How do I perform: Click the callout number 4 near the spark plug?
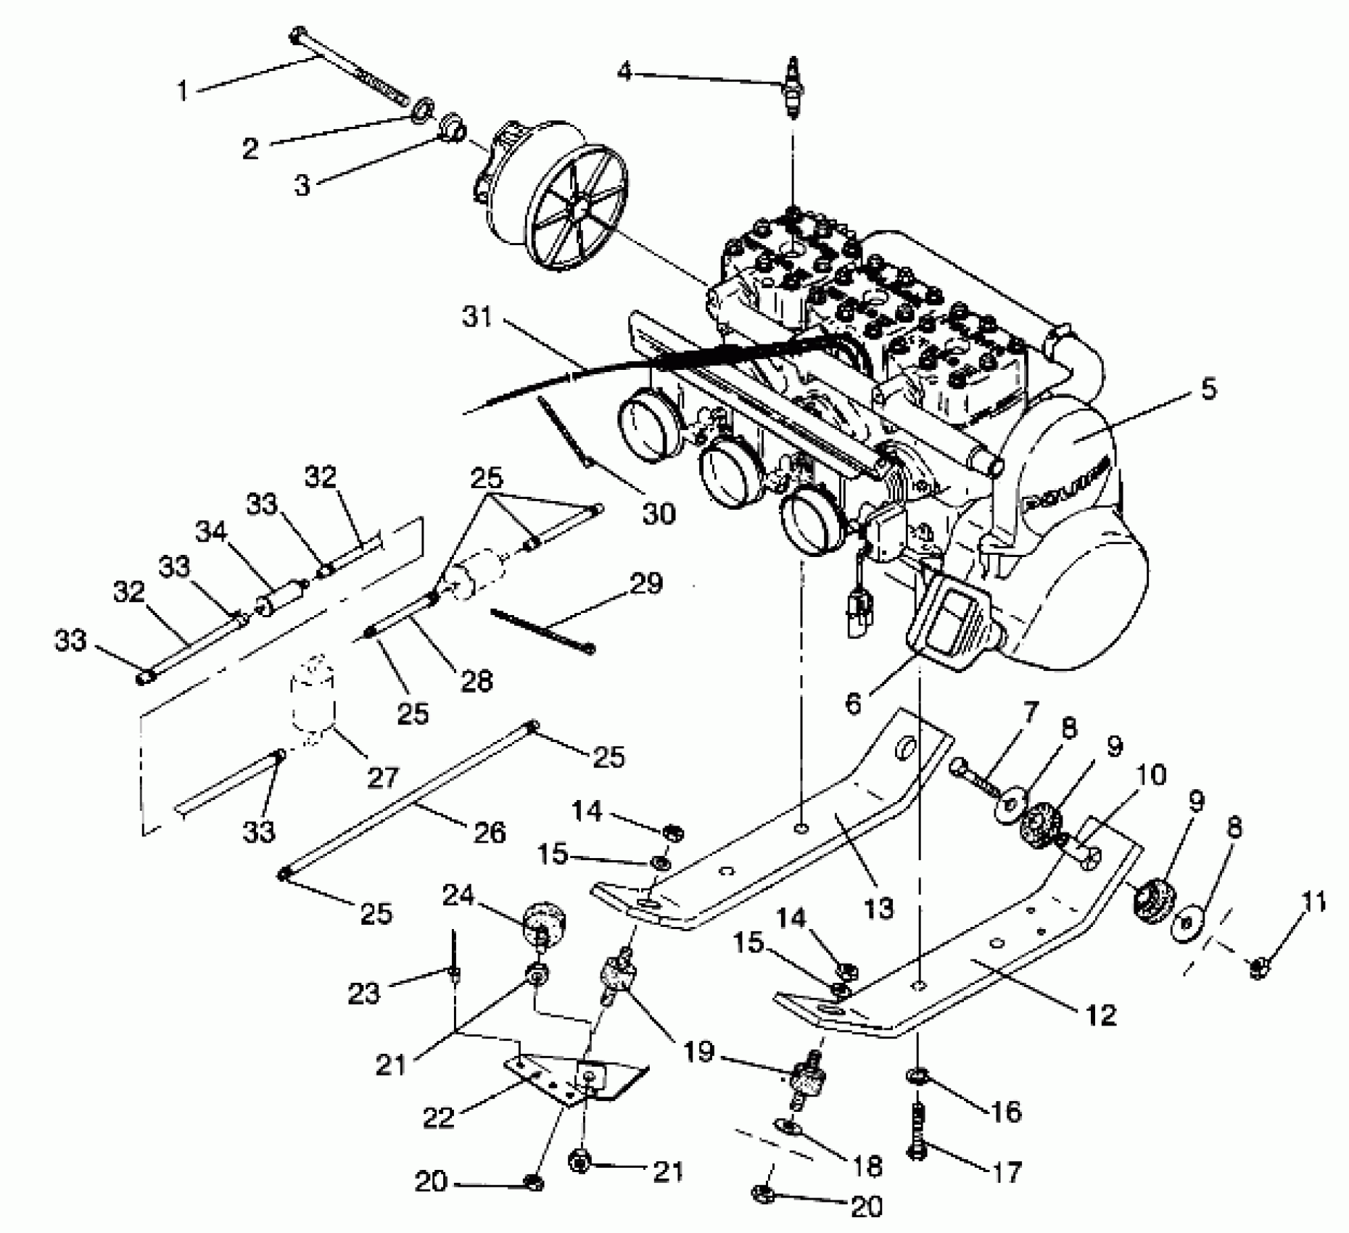click(624, 71)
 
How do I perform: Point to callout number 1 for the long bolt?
click(183, 91)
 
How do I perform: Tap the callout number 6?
click(854, 702)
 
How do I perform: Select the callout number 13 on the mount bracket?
click(878, 907)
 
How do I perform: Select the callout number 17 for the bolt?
click(1007, 1171)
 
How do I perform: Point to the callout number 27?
click(382, 778)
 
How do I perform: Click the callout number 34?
click(211, 533)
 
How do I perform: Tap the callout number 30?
click(659, 514)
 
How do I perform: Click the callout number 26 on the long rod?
click(489, 831)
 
